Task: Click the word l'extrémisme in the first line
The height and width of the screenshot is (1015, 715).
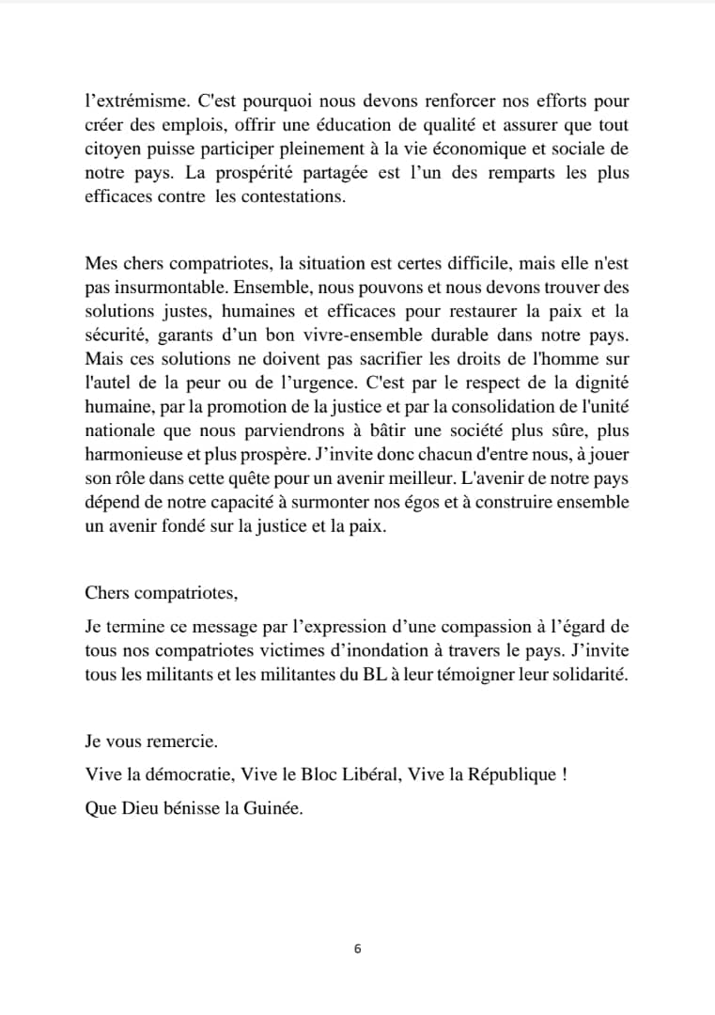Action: click(129, 101)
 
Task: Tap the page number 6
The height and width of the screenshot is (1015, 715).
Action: click(357, 949)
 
